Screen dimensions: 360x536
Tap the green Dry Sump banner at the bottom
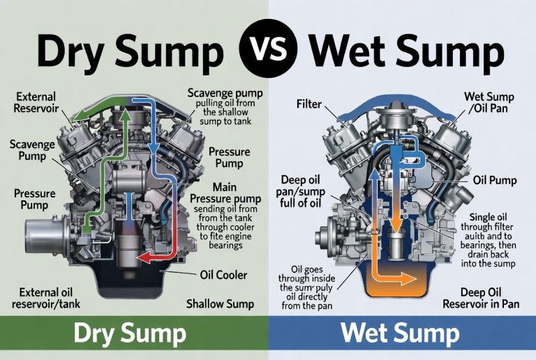tap(133, 336)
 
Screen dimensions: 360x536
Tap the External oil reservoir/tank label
tap(44, 298)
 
